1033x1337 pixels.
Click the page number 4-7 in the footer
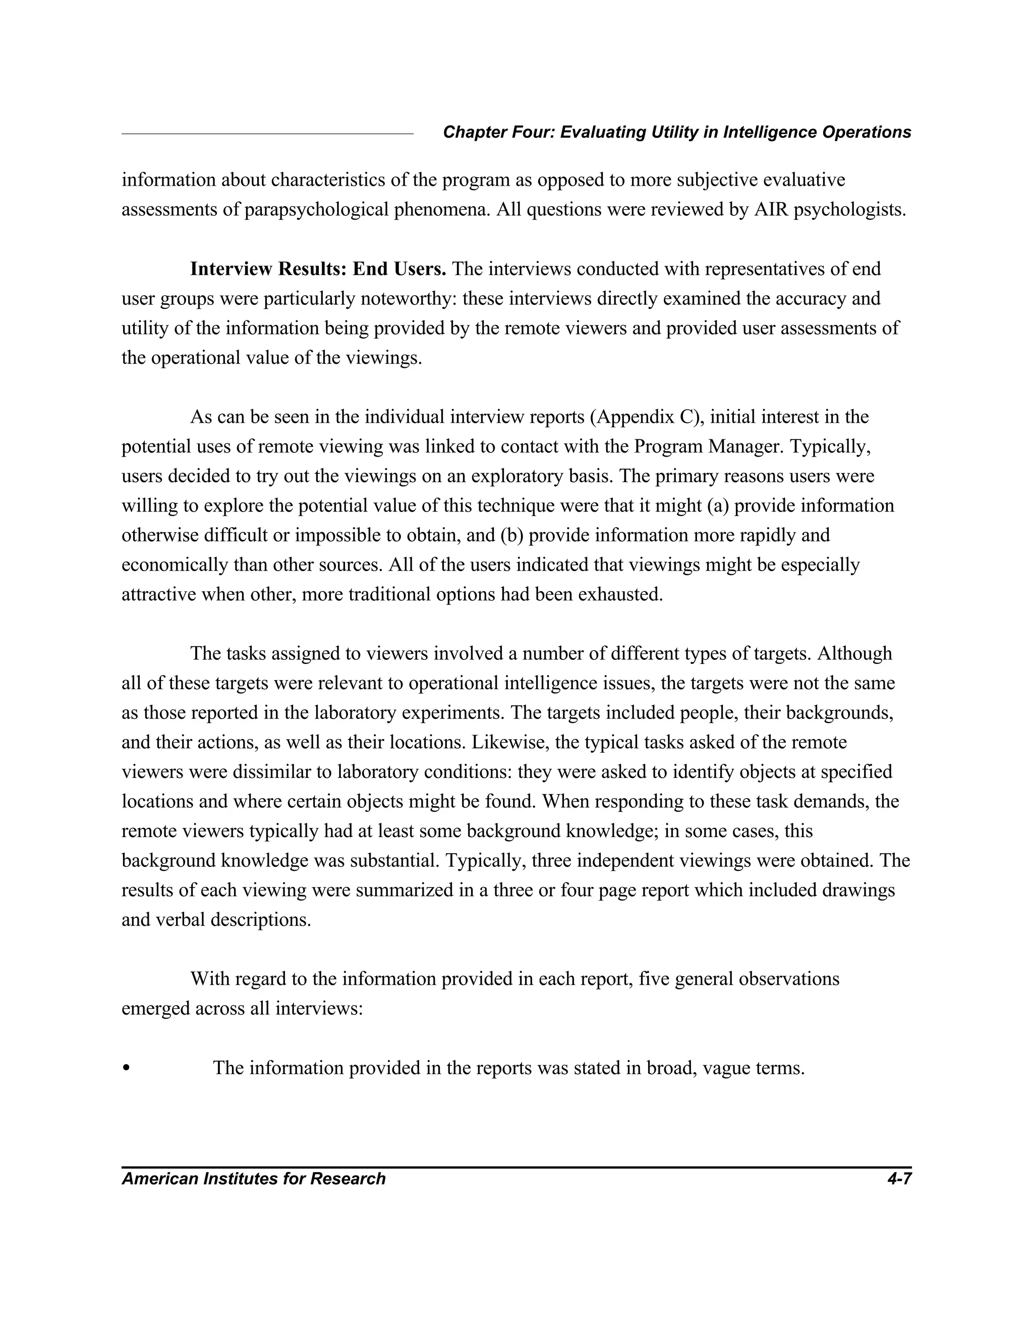tap(899, 1179)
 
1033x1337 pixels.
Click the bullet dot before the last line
tap(126, 1068)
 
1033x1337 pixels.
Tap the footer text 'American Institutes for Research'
tap(253, 1179)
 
